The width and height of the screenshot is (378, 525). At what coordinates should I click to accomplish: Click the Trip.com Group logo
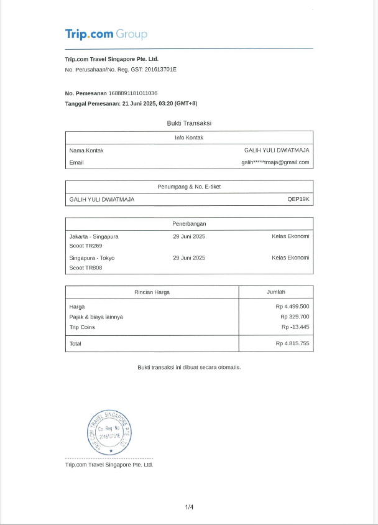[x=106, y=34]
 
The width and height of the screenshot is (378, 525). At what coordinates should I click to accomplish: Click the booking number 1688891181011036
[x=133, y=93]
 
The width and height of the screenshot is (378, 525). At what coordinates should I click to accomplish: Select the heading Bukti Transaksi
[x=189, y=123]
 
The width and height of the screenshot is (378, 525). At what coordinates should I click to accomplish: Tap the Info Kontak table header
[x=189, y=137]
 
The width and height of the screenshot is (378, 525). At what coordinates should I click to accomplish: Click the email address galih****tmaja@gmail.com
[x=275, y=162]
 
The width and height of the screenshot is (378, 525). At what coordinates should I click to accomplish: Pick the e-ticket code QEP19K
[x=298, y=200]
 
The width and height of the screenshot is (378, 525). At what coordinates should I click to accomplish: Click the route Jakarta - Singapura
[x=94, y=236]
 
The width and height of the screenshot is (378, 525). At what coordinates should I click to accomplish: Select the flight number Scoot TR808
[x=86, y=268]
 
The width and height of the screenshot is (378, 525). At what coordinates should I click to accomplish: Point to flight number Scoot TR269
[x=86, y=246]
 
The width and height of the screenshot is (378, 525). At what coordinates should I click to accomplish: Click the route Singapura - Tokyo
[x=92, y=258]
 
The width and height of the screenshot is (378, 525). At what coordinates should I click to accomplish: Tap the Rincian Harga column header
[x=152, y=292]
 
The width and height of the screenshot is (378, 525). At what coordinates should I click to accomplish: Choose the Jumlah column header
[x=276, y=292]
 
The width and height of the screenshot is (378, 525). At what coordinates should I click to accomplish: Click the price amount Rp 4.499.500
[x=292, y=307]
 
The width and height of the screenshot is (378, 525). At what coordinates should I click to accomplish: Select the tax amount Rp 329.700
[x=295, y=317]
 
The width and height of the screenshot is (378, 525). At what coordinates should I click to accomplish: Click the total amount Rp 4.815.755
[x=292, y=343]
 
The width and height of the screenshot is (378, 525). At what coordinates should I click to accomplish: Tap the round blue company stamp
[x=110, y=433]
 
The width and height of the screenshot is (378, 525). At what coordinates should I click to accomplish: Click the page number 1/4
[x=189, y=507]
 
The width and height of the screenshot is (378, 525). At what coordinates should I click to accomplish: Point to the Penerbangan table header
[x=189, y=223]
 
